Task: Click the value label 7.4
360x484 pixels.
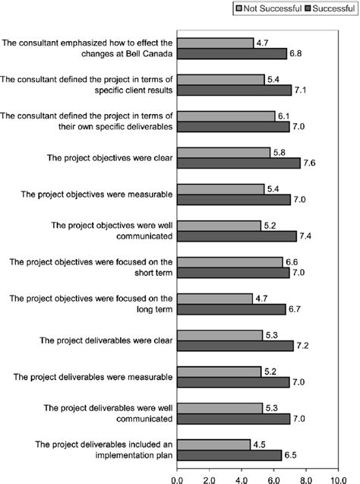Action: coord(307,236)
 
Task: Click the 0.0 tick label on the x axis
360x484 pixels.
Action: coord(177,478)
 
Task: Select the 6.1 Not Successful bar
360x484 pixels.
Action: coord(226,115)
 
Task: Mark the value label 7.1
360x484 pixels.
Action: coord(302,90)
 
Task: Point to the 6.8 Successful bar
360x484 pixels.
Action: coord(232,54)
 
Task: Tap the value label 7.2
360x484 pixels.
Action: coord(304,346)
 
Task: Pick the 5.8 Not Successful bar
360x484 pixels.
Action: coord(223,153)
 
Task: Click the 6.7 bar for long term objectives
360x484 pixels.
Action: coord(231,309)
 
